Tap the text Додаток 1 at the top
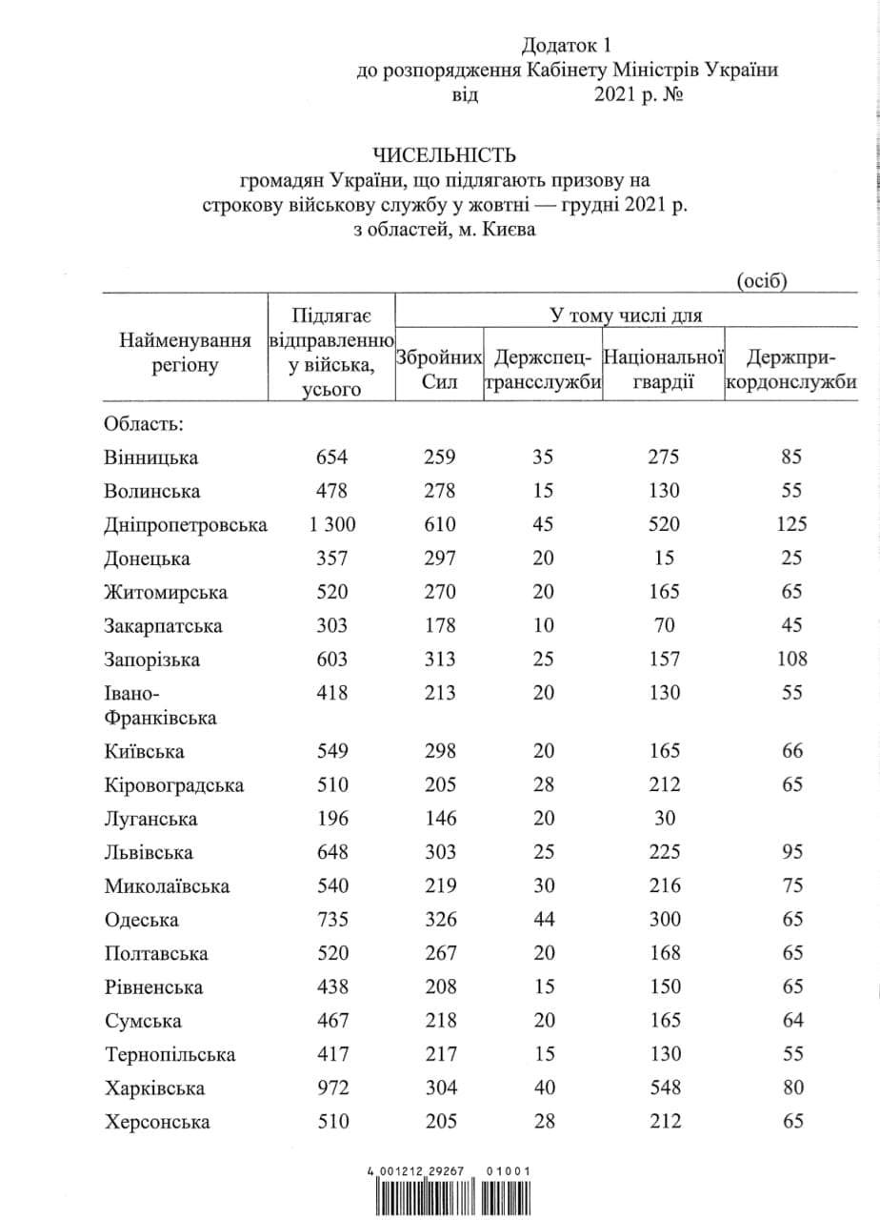tap(564, 45)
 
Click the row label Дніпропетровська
tap(186, 525)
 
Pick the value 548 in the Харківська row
tap(663, 1088)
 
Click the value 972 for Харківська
tap(333, 1088)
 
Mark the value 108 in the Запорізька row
tap(790, 660)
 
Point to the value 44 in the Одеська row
tap(543, 920)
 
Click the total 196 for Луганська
tap(333, 819)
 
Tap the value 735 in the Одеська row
tap(333, 920)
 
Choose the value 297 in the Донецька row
tap(439, 559)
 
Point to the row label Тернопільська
tap(170, 1055)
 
